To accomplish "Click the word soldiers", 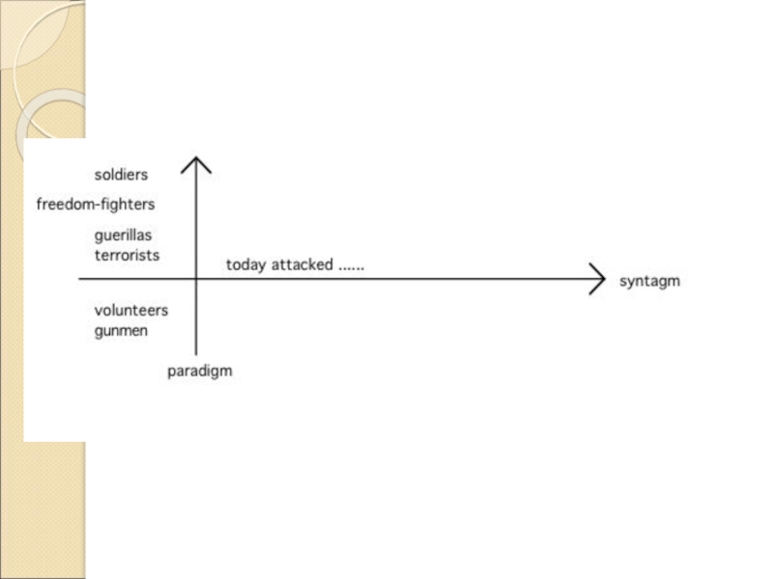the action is [121, 175].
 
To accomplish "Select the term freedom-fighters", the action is [95, 205].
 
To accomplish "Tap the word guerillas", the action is [123, 235].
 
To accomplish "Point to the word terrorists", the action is [127, 256].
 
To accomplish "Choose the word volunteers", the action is [131, 311].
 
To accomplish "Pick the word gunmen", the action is [121, 331].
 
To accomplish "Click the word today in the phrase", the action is [245, 264].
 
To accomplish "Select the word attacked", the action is [301, 264].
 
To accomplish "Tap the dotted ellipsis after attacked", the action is [351, 267].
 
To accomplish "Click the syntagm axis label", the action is [649, 282].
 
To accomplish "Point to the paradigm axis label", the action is [200, 372].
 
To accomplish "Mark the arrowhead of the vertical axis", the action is [196, 160].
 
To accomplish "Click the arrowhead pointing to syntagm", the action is [602, 280].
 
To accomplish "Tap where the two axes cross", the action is [196, 280].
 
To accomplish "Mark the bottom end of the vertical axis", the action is [196, 354].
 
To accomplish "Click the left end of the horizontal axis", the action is [80, 280].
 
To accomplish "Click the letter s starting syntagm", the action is [623, 282].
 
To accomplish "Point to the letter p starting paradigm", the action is [172, 372].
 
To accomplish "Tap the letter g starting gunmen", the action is [99, 333].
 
